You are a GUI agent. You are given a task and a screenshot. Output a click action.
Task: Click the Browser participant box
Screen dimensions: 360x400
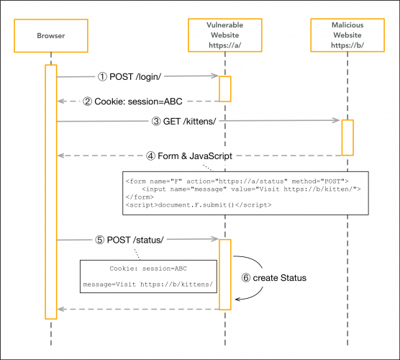coord(51,36)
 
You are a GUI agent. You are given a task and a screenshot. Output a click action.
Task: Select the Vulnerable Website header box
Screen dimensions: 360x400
coord(224,36)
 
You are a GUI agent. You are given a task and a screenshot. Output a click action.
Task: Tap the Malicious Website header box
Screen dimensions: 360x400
coord(347,36)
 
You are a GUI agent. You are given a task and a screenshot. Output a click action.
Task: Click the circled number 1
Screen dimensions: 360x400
coord(102,76)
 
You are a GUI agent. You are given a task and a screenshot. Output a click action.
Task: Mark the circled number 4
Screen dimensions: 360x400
coord(150,155)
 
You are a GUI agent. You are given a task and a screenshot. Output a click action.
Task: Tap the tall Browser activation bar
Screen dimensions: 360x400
coord(51,191)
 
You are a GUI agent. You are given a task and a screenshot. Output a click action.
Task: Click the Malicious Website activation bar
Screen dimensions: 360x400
coord(347,137)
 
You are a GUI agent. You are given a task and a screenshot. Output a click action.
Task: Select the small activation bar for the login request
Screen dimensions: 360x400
coord(224,88)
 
